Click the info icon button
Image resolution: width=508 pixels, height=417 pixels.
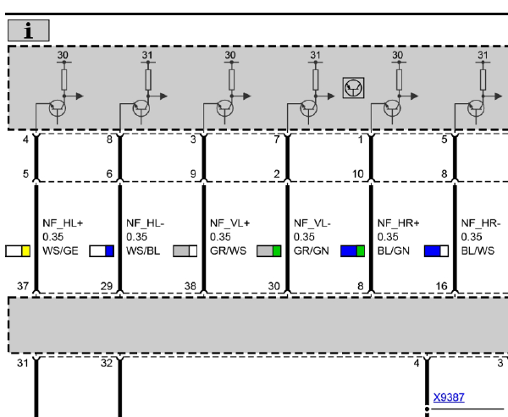pos(29,30)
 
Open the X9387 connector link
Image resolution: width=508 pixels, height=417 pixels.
pos(449,398)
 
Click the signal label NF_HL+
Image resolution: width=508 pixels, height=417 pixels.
pos(63,223)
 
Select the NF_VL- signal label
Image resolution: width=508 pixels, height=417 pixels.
pos(312,223)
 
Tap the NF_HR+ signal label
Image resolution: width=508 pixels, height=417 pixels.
pos(398,223)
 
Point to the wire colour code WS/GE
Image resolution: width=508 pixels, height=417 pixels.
pos(60,251)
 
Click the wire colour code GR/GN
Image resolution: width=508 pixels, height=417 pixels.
pos(311,251)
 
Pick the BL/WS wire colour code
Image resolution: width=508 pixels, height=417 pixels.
pos(478,251)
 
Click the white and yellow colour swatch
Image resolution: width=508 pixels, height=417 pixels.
pos(18,251)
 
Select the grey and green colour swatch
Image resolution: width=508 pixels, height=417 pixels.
pos(269,251)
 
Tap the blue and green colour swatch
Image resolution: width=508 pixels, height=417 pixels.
pos(352,251)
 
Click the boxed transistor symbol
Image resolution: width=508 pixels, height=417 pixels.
pos(353,88)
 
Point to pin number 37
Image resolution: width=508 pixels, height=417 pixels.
pos(23,286)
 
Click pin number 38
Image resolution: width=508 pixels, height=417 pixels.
pos(190,286)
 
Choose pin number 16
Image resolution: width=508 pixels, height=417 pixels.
pos(442,286)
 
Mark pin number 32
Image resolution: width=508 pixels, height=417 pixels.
pos(107,363)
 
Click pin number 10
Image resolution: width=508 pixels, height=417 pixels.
pos(358,174)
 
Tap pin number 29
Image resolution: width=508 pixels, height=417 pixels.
pos(107,286)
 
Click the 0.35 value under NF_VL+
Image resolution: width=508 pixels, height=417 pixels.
pos(220,237)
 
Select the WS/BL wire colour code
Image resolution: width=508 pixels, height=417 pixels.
pos(143,251)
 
